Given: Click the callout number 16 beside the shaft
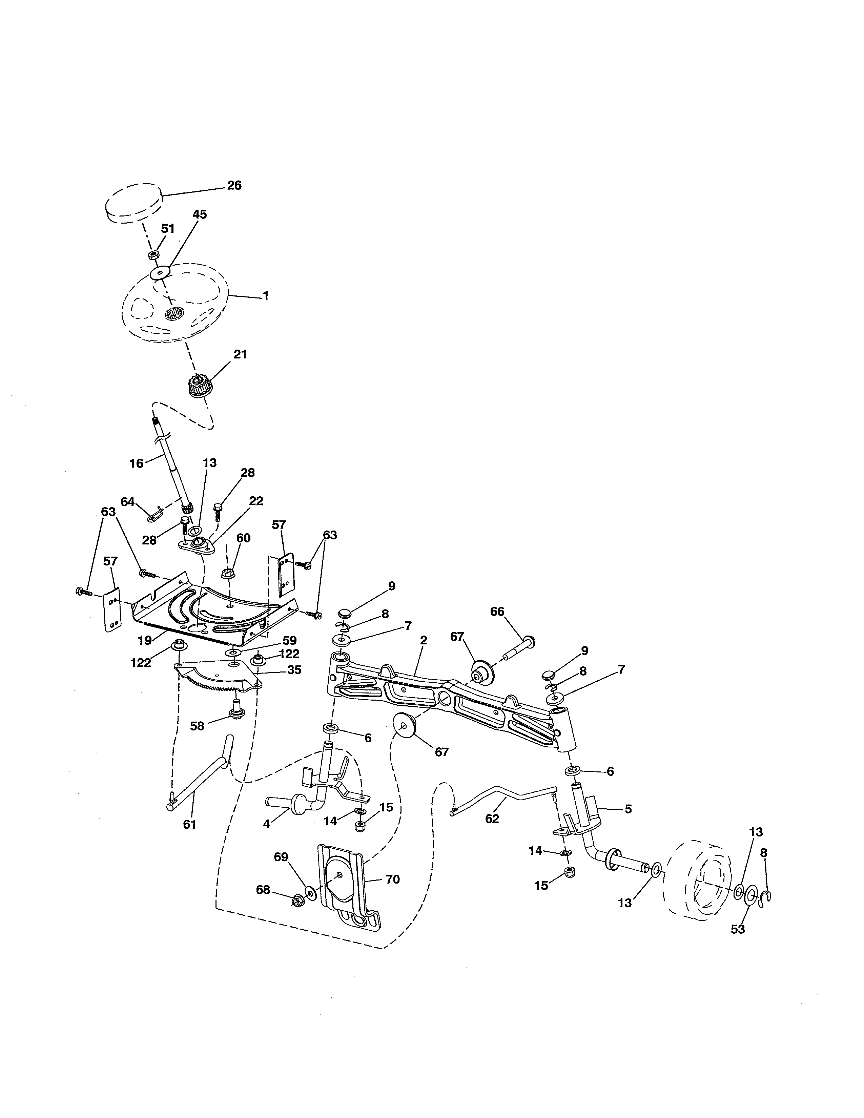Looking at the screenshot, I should click(x=136, y=463).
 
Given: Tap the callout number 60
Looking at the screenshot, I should click(x=243, y=538).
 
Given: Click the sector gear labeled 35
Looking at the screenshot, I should click(x=215, y=675).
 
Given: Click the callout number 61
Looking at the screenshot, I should click(x=189, y=824).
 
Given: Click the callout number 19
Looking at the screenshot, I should click(x=145, y=640).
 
